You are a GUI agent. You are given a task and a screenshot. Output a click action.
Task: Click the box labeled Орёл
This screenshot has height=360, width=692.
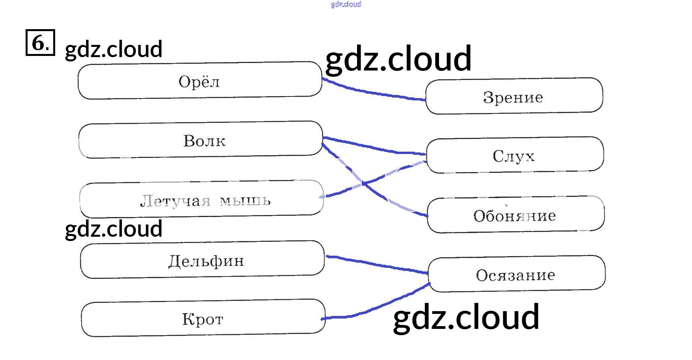(200, 81)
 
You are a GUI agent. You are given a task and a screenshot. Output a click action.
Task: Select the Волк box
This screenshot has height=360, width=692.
(201, 140)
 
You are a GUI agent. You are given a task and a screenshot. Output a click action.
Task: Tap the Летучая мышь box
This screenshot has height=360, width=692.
(201, 199)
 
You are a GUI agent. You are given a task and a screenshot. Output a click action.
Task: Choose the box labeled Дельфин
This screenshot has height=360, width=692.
(202, 260)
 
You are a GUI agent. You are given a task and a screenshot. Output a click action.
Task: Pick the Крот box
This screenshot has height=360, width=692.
(203, 319)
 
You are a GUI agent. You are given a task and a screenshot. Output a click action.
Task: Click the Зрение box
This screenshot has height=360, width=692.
(514, 96)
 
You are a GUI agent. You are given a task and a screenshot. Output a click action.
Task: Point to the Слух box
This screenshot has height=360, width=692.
(515, 155)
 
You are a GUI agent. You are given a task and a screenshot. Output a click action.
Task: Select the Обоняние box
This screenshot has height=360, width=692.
(515, 215)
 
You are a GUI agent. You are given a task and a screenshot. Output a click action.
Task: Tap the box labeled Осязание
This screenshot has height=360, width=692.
(516, 275)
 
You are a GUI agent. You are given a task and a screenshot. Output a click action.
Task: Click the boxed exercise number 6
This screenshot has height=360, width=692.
(40, 43)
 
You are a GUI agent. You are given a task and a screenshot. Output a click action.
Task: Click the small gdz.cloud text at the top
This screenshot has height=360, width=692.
(346, 4)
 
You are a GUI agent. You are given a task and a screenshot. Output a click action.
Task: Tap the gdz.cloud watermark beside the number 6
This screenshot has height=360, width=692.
(113, 49)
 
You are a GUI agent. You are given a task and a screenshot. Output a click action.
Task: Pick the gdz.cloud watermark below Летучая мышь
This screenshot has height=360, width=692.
(113, 229)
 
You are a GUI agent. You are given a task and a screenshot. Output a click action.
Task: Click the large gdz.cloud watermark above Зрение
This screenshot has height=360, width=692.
(398, 59)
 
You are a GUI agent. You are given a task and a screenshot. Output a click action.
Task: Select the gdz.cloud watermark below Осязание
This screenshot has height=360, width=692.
(466, 317)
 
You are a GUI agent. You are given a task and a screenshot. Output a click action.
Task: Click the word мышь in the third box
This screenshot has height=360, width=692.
(245, 200)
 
